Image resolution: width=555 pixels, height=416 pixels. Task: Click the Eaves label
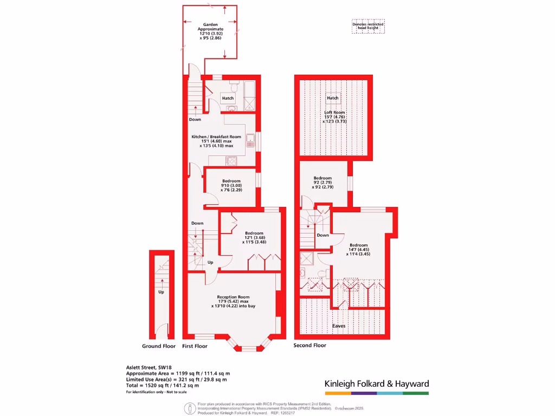[339, 326]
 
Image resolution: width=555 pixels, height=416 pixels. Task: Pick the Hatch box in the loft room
[332, 98]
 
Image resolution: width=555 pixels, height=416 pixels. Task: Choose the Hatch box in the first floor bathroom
[228, 98]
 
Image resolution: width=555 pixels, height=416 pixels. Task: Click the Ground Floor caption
[159, 346]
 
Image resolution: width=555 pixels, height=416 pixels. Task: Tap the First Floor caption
[195, 346]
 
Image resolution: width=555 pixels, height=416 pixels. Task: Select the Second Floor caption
[310, 345]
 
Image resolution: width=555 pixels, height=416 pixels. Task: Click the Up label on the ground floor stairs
[161, 292]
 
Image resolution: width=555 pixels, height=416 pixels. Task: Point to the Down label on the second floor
[323, 235]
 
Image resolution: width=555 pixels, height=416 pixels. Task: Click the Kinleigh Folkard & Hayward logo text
[377, 383]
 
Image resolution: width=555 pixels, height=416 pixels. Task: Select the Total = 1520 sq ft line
[163, 385]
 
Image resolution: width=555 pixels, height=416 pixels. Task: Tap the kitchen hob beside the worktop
[231, 160]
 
